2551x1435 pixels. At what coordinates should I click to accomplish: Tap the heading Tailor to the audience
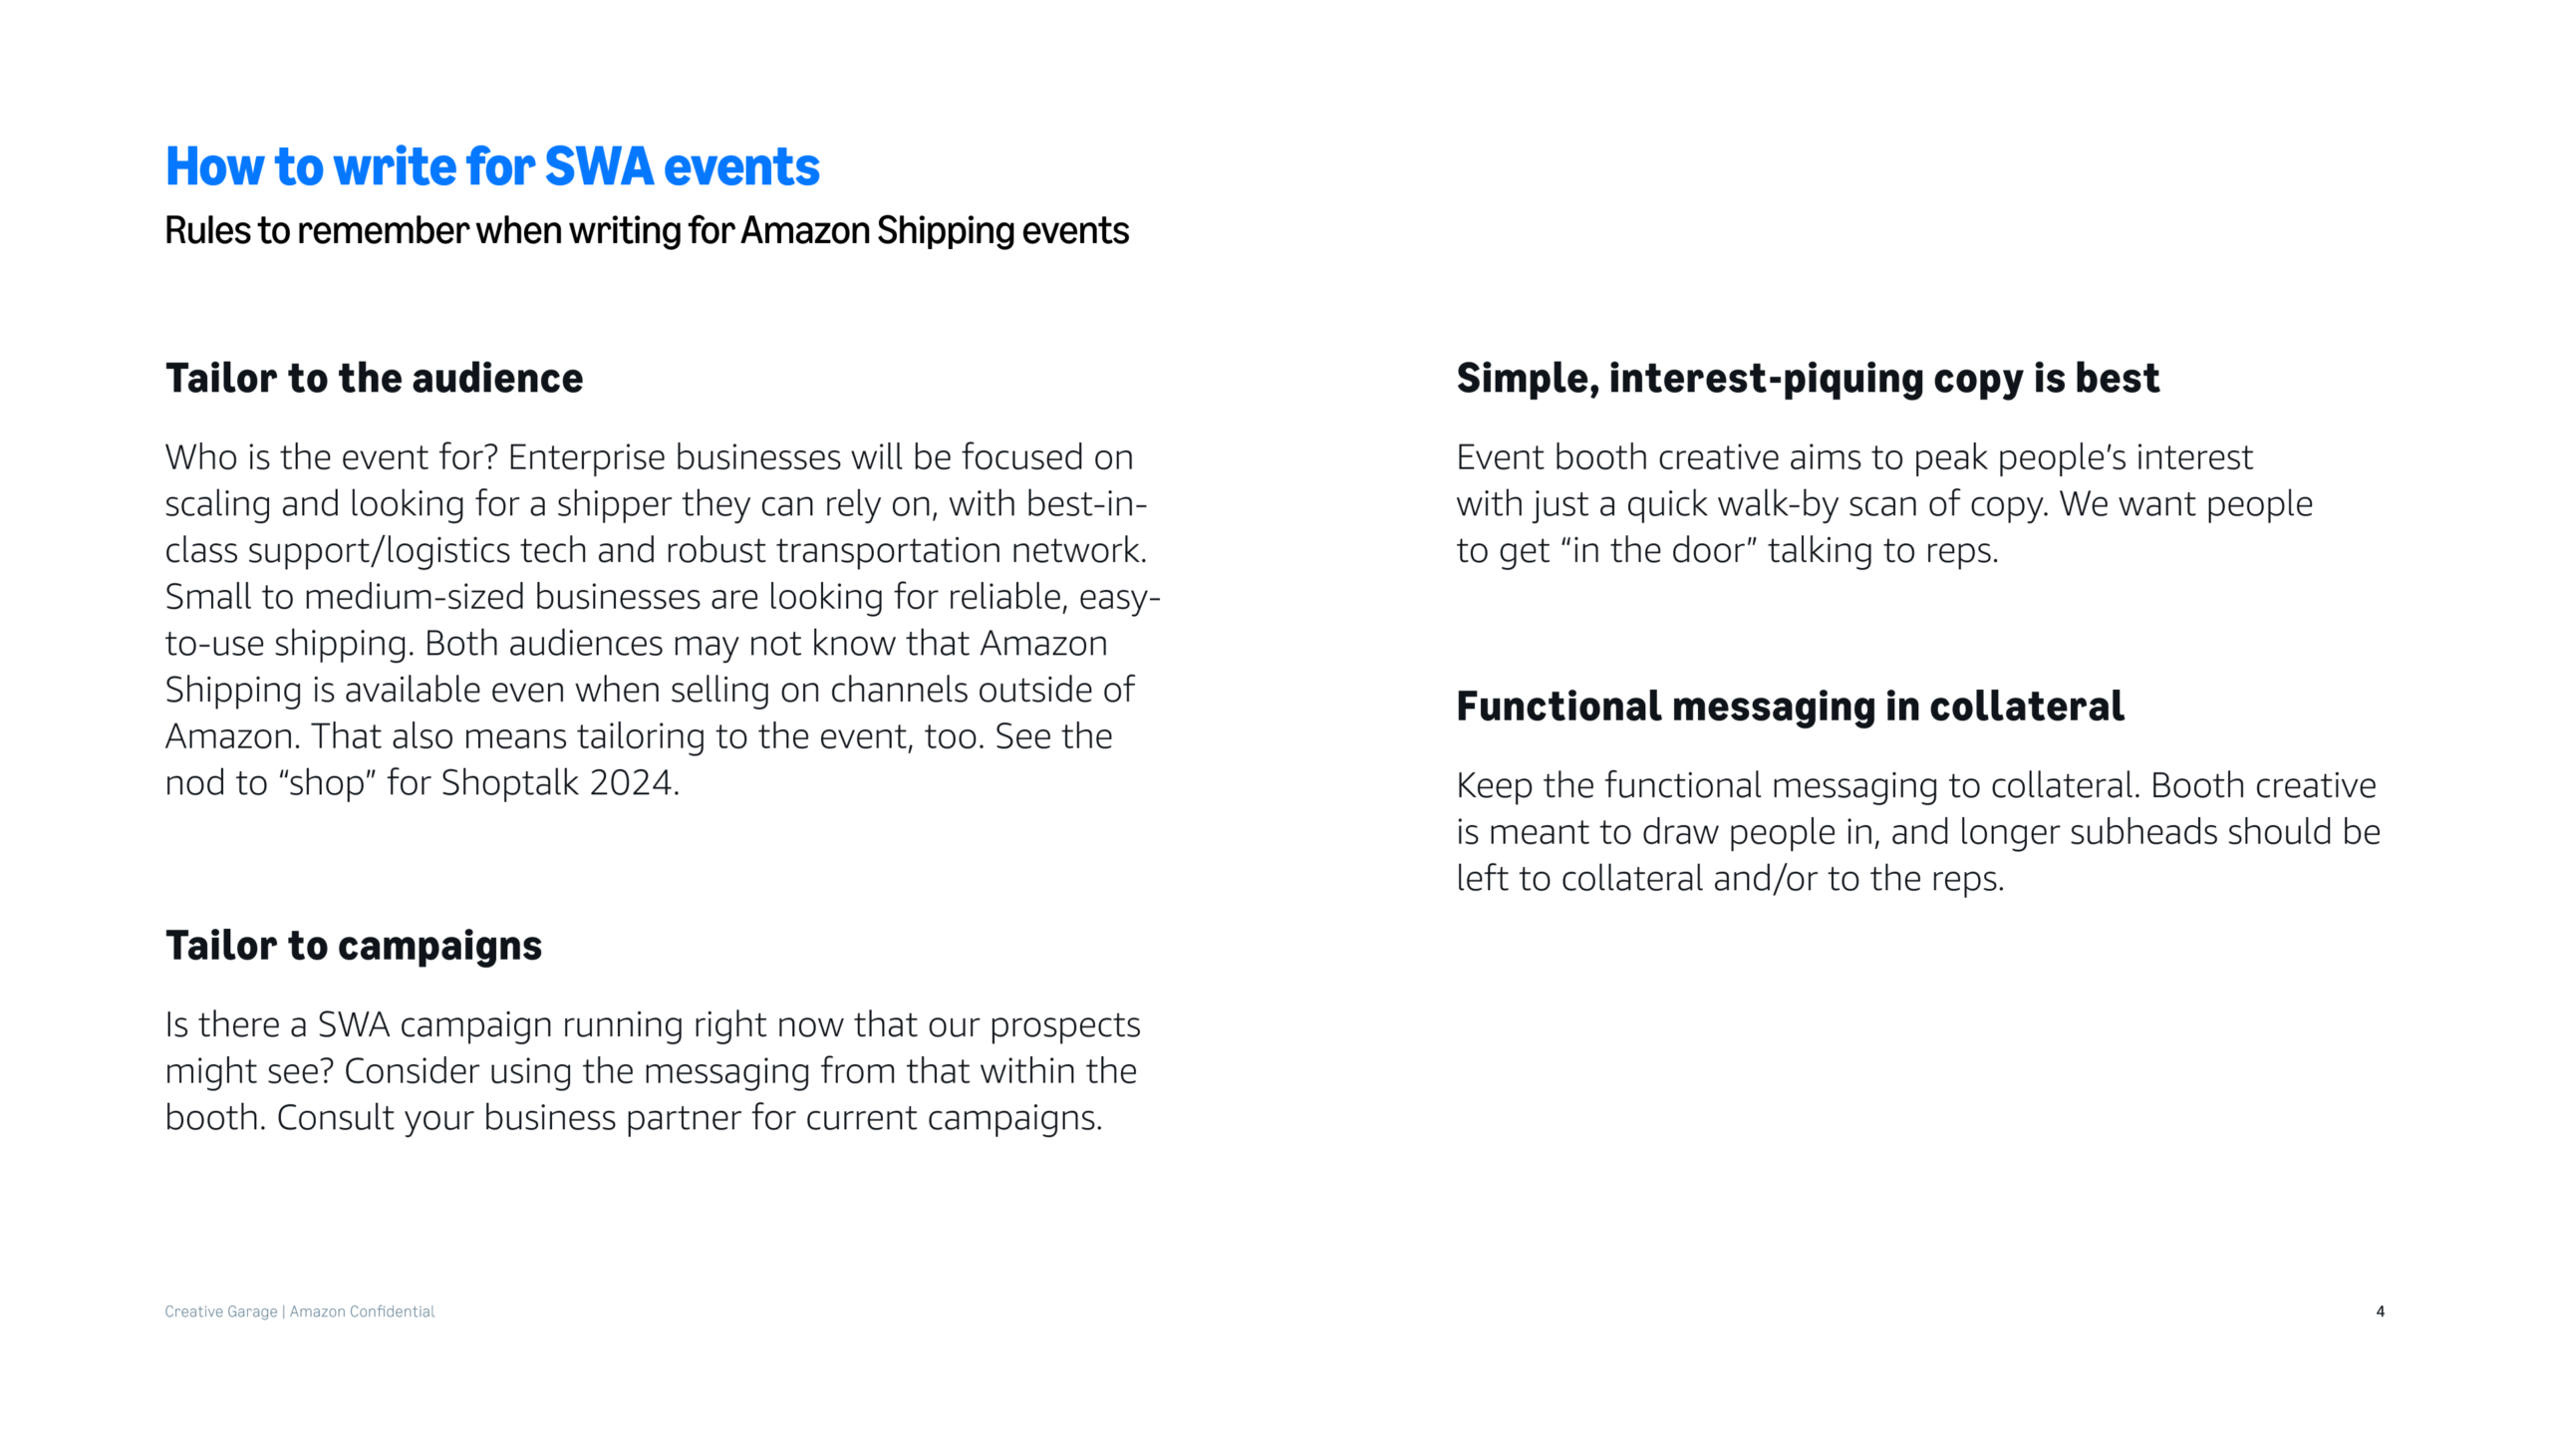pyautogui.click(x=374, y=379)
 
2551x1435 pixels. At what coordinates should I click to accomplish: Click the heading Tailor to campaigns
pyautogui.click(x=354, y=947)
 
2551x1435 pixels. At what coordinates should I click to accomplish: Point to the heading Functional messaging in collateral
pyautogui.click(x=1790, y=708)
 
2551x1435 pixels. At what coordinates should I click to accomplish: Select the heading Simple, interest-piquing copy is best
pyautogui.click(x=1808, y=379)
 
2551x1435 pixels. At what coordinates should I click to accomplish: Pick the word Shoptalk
pyautogui.click(x=510, y=783)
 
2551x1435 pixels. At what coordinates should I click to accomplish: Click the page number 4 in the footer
pyautogui.click(x=2380, y=1311)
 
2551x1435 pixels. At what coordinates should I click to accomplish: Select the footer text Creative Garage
pyautogui.click(x=221, y=1312)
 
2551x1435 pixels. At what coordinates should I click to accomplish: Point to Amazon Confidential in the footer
pyautogui.click(x=362, y=1311)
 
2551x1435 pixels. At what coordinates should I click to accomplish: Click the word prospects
pyautogui.click(x=1065, y=1025)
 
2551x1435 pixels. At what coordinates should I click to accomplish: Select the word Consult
pyautogui.click(x=335, y=1118)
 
